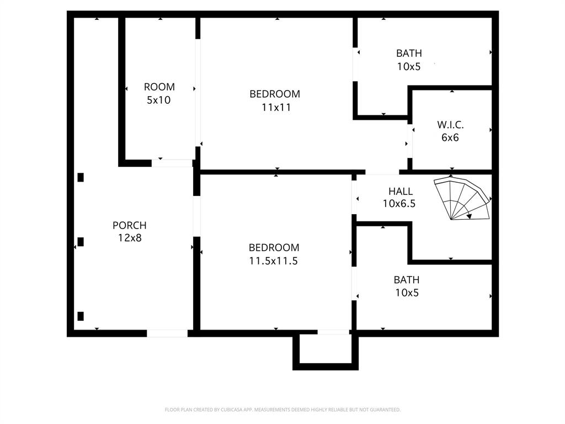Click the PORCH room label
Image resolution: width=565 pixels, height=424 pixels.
point(130,225)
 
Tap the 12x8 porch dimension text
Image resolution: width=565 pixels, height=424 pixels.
point(130,238)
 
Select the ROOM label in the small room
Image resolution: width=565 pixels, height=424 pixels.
point(159,87)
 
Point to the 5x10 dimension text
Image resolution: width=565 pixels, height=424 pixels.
point(159,100)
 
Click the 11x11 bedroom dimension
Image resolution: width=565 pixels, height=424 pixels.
point(276,108)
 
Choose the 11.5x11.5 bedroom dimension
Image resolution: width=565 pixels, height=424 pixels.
point(273,261)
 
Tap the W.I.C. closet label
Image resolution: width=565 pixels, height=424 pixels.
point(450,125)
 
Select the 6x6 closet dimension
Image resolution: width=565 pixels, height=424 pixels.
point(450,138)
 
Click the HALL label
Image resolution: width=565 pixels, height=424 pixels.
point(400,191)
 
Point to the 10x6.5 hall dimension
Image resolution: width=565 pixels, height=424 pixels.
point(399,204)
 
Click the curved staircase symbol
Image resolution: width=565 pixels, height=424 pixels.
point(462,199)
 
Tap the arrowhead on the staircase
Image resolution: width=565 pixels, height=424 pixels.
point(468,216)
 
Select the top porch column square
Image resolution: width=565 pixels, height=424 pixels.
point(81,177)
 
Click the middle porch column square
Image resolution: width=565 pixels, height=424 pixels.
point(81,242)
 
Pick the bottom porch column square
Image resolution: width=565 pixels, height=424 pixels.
point(81,316)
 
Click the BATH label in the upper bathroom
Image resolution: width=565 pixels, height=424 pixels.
point(409,54)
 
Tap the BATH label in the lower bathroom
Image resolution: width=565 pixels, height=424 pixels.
point(407,279)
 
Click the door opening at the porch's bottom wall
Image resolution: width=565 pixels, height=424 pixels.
point(167,333)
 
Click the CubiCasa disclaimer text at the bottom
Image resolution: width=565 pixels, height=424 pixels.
point(282,410)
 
